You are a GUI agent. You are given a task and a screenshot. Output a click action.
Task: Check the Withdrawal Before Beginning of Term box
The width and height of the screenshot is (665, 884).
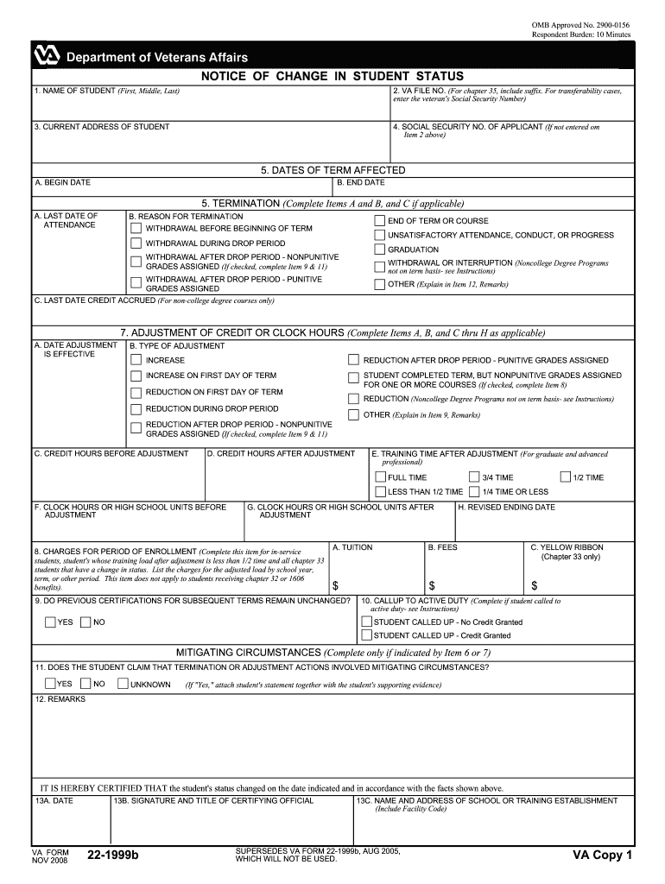136,229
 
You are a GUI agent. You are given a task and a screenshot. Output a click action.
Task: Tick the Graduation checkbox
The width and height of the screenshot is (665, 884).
379,249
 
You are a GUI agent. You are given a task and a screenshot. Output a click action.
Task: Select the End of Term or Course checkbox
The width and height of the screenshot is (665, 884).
379,221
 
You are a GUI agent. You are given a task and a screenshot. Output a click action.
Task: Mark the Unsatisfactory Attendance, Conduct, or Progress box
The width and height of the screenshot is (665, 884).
379,235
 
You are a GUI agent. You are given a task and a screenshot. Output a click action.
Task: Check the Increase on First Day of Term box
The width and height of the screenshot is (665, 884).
136,376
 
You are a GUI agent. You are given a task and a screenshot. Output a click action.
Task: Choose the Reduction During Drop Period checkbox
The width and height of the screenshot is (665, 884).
136,409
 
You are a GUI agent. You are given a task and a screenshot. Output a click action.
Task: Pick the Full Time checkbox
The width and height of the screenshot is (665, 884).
380,477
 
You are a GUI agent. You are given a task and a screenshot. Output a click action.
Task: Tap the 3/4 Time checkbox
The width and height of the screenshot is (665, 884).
474,477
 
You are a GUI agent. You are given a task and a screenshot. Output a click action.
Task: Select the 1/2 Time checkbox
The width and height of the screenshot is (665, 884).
566,477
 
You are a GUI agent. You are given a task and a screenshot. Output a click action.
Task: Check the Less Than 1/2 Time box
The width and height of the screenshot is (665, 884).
380,491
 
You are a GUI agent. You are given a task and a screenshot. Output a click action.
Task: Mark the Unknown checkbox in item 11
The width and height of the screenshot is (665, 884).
123,684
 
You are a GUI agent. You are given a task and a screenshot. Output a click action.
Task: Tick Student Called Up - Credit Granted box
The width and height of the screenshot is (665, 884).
366,635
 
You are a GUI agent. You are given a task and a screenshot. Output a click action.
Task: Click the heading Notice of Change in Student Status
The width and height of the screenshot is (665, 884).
332,77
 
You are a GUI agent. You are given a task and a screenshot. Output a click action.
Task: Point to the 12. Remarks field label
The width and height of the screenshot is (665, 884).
60,699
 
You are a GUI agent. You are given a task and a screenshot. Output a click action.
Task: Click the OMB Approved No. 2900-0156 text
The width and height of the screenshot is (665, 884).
581,26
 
